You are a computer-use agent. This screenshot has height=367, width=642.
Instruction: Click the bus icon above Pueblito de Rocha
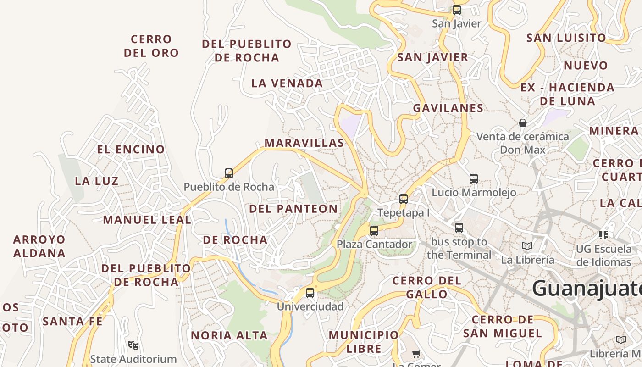pyautogui.click(x=229, y=173)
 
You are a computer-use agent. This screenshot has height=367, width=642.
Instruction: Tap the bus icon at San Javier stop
pyautogui.click(x=456, y=10)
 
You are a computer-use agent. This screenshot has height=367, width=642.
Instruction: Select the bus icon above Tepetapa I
pyautogui.click(x=404, y=199)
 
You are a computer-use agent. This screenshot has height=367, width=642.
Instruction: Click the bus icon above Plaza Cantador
pyautogui.click(x=374, y=231)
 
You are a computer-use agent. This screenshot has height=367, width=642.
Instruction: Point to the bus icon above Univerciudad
pyautogui.click(x=310, y=293)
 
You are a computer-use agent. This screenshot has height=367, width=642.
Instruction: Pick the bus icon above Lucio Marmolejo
pyautogui.click(x=474, y=179)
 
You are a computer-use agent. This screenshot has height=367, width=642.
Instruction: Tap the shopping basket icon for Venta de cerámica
pyautogui.click(x=522, y=123)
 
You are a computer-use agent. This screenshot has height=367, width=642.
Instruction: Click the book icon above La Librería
pyautogui.click(x=527, y=246)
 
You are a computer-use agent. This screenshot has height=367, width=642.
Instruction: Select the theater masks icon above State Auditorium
pyautogui.click(x=133, y=345)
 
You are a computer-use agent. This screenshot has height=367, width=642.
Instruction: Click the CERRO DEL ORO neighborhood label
pyautogui.click(x=151, y=46)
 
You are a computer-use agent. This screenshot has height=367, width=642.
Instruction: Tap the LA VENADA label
pyautogui.click(x=287, y=83)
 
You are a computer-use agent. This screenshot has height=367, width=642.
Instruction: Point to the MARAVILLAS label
pyautogui.click(x=304, y=143)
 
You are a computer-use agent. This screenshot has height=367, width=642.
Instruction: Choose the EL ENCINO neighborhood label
pyautogui.click(x=131, y=150)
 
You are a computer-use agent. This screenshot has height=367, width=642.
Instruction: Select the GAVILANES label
pyautogui.click(x=448, y=108)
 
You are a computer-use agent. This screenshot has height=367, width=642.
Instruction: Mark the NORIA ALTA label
pyautogui.click(x=229, y=336)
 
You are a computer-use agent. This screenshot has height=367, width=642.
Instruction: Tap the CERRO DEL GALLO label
pyautogui.click(x=426, y=287)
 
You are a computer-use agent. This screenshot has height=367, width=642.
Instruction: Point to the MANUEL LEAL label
pyautogui.click(x=147, y=220)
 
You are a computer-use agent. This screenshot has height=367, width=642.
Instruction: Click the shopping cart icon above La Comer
pyautogui.click(x=416, y=354)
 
